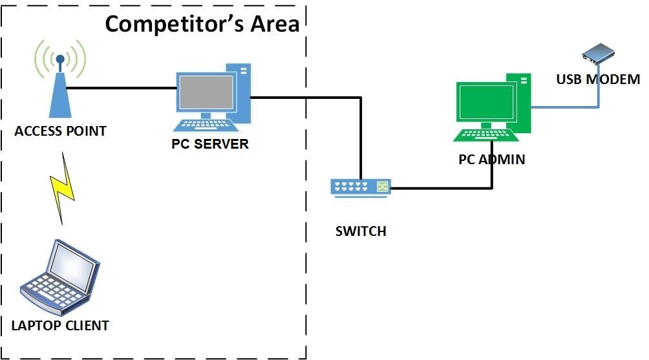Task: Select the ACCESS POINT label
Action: (x=60, y=131)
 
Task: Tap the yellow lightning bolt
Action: (x=62, y=188)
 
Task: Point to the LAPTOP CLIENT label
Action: (x=60, y=325)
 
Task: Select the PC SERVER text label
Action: (x=209, y=143)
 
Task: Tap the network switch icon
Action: (x=361, y=187)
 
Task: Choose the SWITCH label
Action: (x=361, y=231)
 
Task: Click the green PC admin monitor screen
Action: (x=485, y=103)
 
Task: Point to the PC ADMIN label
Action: (x=491, y=159)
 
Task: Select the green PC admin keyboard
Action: (x=486, y=134)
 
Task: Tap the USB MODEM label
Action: (x=597, y=79)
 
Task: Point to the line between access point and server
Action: (x=123, y=88)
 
